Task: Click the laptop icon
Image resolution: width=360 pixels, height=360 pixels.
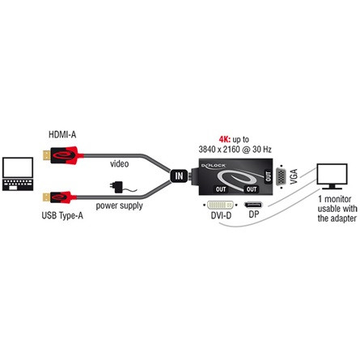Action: [18, 174]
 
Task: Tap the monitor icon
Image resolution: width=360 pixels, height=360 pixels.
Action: [332, 176]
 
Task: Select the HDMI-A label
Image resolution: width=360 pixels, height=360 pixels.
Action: [62, 134]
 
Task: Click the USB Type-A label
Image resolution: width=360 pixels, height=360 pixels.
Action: [62, 215]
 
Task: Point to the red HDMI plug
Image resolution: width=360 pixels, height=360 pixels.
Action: [63, 155]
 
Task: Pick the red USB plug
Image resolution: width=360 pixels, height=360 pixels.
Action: [60, 197]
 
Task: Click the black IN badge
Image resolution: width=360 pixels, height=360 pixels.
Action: [179, 176]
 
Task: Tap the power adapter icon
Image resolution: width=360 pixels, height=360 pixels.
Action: [118, 187]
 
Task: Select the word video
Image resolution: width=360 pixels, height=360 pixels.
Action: [119, 163]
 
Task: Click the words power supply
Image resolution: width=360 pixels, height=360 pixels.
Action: [119, 205]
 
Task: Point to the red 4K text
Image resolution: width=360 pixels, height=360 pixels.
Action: [224, 139]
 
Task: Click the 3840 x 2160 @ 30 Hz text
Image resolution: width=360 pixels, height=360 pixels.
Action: [235, 149]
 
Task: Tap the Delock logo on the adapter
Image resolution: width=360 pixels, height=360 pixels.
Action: [214, 166]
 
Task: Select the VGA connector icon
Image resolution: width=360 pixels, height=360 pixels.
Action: [281, 176]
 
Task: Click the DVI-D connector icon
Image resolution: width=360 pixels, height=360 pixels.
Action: [220, 205]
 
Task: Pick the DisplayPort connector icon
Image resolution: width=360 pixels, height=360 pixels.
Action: [253, 205]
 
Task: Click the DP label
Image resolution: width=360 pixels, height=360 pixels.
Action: [254, 214]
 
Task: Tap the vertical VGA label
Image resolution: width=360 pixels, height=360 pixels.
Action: [294, 176]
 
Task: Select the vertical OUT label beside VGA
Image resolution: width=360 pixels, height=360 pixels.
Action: [268, 176]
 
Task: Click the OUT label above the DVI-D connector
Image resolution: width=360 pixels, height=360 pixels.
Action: [221, 189]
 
